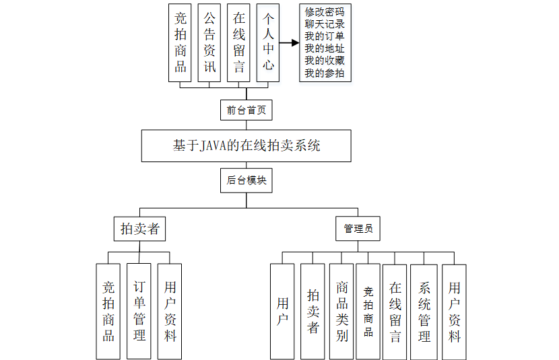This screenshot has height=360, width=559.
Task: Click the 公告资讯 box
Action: [209, 42]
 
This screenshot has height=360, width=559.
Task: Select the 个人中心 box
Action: [267, 42]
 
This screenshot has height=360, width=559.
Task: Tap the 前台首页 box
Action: [246, 109]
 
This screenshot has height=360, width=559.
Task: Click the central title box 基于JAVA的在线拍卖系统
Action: [246, 145]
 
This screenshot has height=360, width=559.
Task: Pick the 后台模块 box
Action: [246, 182]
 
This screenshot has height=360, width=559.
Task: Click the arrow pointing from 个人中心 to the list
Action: [289, 43]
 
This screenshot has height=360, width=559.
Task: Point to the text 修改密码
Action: [325, 12]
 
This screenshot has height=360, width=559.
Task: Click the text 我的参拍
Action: [325, 73]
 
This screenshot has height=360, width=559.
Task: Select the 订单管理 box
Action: [139, 310]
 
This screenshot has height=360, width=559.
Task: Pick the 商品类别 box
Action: [341, 310]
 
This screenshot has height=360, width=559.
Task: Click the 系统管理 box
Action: [424, 310]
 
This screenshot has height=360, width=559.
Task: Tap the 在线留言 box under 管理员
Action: [395, 310]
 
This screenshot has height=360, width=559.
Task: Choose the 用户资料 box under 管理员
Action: [454, 310]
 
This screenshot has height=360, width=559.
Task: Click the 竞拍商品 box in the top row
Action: [180, 42]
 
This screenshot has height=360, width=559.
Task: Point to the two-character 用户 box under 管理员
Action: [282, 310]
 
